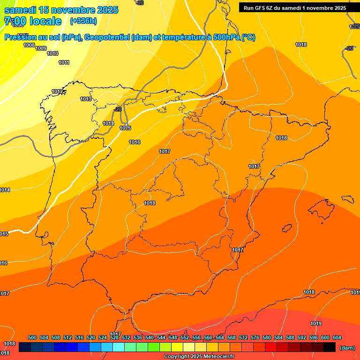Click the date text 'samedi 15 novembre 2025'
[61, 10]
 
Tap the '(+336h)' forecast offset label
[83, 21]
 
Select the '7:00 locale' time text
[33, 21]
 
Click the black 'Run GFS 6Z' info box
[295, 7]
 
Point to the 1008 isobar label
[29, 45]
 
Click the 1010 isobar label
[52, 53]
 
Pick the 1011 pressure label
[64, 62]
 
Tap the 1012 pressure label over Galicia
[58, 91]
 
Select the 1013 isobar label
[86, 99]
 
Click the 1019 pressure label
[316, 323]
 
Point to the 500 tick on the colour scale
[32, 337]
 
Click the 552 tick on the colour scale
[185, 337]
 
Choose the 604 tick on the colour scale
[337, 337]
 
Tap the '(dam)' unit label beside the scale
[347, 347]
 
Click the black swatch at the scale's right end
[330, 347]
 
